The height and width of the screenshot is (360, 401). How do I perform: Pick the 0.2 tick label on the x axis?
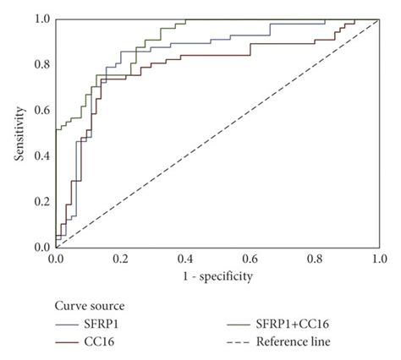tap(120, 257)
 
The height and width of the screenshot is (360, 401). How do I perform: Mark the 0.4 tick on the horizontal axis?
tap(184, 257)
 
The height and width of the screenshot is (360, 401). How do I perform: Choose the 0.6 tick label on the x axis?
tap(250, 257)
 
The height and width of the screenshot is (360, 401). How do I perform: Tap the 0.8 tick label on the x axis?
tap(314, 257)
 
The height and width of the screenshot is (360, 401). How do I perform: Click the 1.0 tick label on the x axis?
tap(378, 257)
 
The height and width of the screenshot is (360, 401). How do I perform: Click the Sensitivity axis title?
tap(19, 133)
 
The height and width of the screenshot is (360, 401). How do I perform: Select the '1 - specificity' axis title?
tap(217, 275)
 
